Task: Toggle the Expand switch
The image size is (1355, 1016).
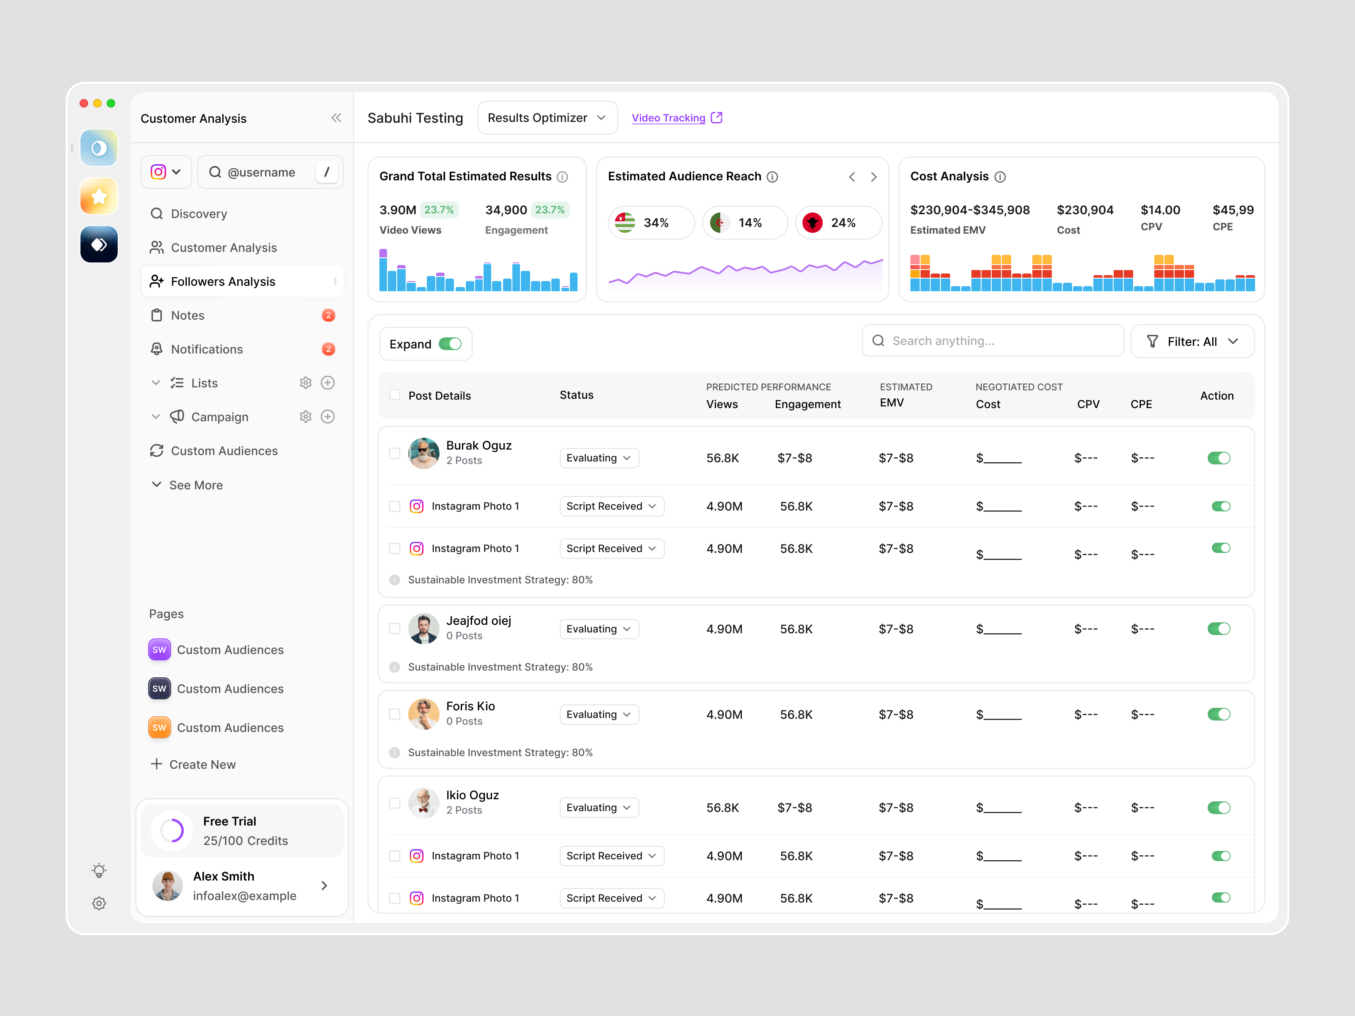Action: [x=450, y=344]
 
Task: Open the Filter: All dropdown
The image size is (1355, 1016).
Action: [x=1192, y=342]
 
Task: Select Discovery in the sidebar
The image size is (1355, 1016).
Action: [x=199, y=214]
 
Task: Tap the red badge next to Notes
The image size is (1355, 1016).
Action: [x=328, y=315]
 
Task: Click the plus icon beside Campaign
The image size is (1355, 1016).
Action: [x=328, y=417]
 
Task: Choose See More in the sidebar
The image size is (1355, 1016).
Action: [x=195, y=485]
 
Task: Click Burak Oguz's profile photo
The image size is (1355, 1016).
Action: [x=423, y=453]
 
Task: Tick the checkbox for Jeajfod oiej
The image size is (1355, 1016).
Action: [x=395, y=629]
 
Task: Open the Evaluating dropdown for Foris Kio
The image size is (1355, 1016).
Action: [x=598, y=715]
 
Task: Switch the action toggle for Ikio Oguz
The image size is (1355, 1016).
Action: [x=1218, y=808]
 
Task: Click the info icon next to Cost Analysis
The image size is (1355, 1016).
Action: [x=1000, y=177]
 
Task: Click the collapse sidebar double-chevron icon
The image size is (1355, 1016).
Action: [x=336, y=118]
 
